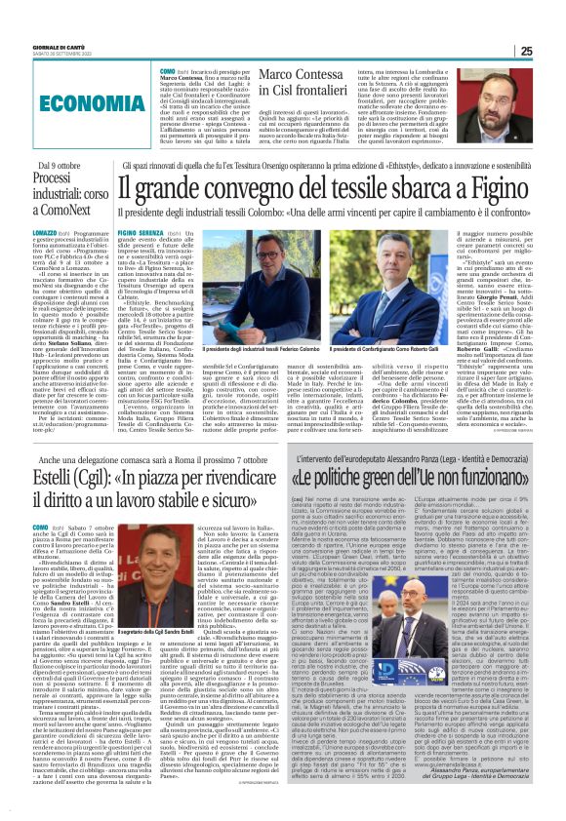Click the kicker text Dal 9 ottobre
(60, 168)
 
